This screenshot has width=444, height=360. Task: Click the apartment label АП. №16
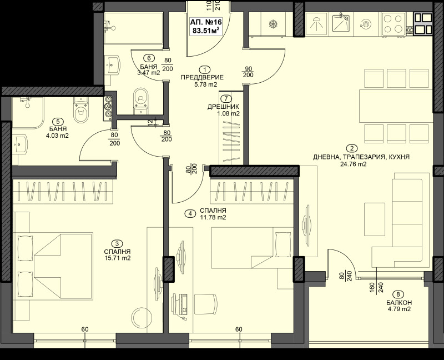[x=205, y=22]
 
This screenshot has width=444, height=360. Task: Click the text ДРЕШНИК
[x=224, y=106]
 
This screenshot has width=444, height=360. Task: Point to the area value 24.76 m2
[x=354, y=164]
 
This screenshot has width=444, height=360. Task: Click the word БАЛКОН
[x=399, y=303]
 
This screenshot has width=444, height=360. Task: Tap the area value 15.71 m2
[x=117, y=258]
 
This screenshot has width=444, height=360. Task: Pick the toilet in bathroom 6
[x=139, y=99]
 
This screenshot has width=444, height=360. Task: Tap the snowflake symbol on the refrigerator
[x=273, y=24]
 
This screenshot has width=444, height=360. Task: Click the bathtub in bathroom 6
[x=133, y=28]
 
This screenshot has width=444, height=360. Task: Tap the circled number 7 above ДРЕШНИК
[x=224, y=98]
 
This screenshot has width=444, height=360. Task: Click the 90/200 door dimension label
[x=248, y=72]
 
